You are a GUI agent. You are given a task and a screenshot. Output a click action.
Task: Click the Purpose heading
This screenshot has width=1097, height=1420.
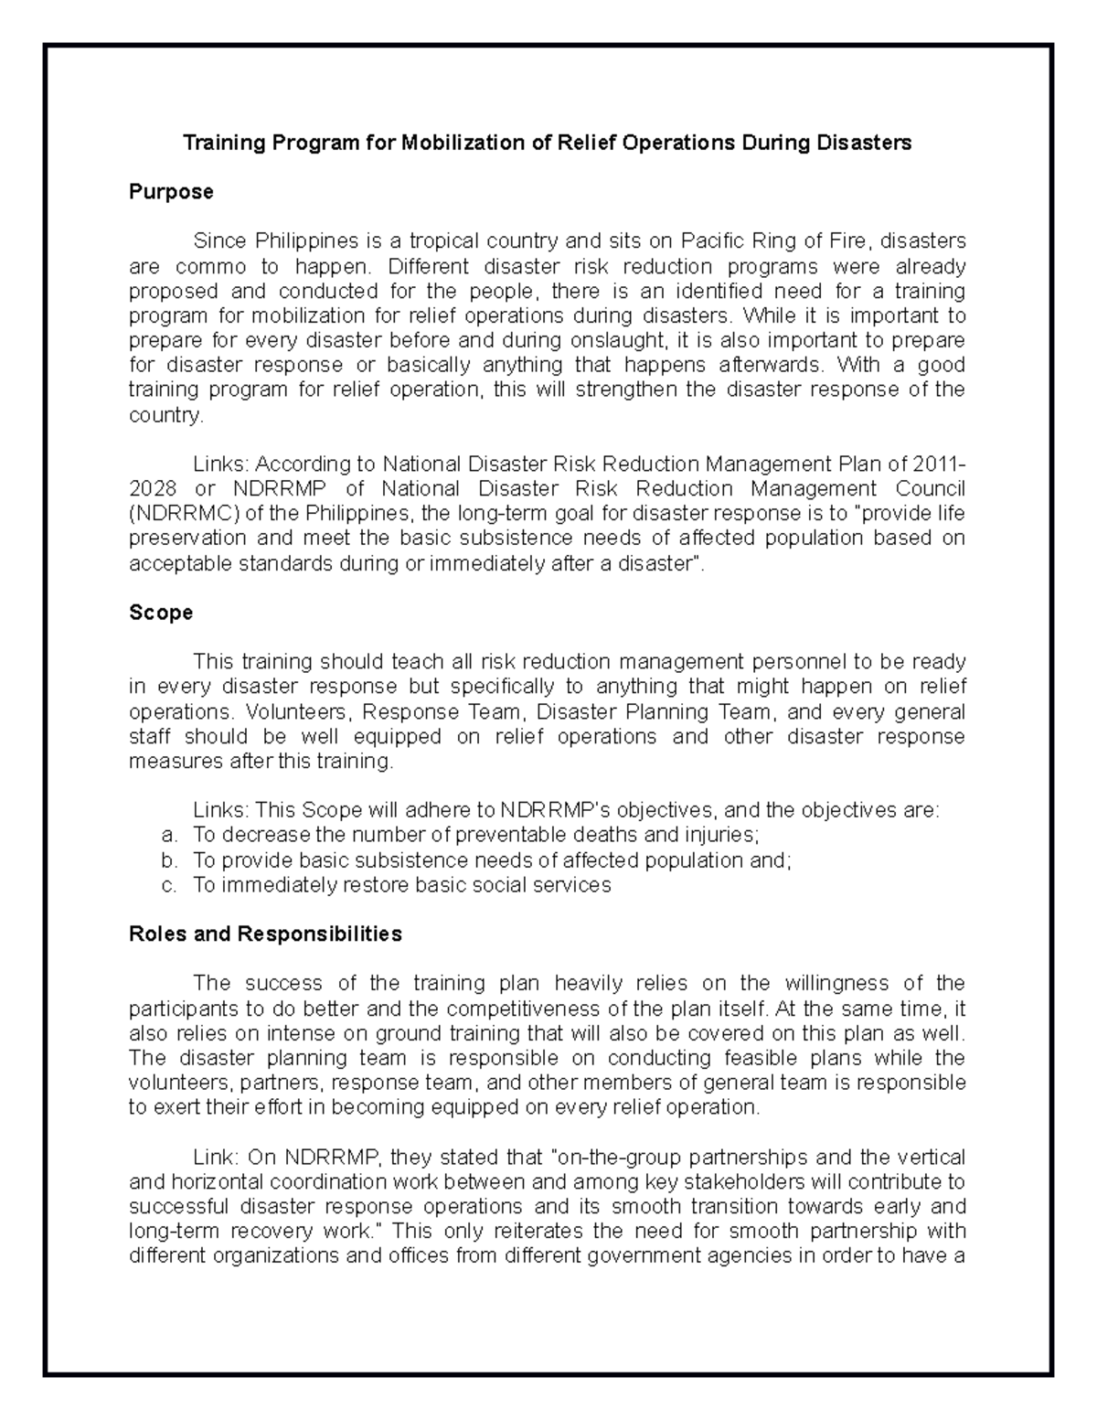pos(171,192)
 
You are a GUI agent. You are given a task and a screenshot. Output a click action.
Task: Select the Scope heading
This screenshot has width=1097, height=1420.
pos(161,613)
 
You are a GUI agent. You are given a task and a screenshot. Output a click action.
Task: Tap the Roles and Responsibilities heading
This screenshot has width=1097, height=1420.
pos(265,934)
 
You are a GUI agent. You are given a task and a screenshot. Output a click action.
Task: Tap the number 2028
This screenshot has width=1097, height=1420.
pos(152,488)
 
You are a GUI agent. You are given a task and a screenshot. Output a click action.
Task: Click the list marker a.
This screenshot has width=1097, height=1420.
pos(166,836)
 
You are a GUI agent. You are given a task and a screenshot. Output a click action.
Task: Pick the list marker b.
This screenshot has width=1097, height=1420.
pos(166,860)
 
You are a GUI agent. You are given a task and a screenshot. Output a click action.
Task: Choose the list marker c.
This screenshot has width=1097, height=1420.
pos(166,885)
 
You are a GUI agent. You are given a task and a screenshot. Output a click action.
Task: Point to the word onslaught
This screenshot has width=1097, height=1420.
pos(613,341)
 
